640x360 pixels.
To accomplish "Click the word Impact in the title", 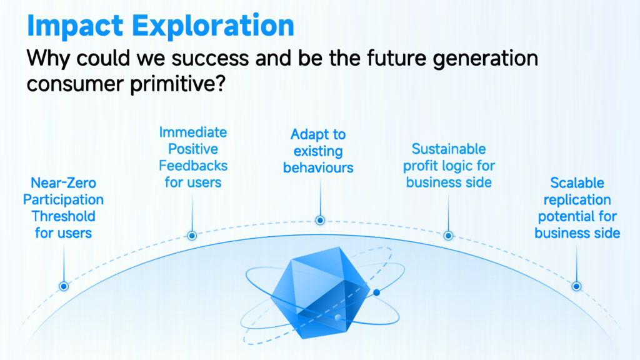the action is pyautogui.click(x=75, y=26).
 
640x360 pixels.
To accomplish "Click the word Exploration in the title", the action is pyautogui.click(x=213, y=26).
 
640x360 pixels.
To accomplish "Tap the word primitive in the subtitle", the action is pyautogui.click(x=178, y=84).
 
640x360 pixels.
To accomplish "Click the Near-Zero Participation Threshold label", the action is pyautogui.click(x=63, y=207).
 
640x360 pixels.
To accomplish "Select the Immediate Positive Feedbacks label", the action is pyautogui.click(x=193, y=157).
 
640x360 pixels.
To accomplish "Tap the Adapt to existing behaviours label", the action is pyautogui.click(x=318, y=151).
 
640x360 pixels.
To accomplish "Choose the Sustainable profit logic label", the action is pyautogui.click(x=449, y=165).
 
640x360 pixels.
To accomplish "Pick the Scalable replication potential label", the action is pyautogui.click(x=577, y=207).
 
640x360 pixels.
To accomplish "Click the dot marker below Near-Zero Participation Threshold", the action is pyautogui.click(x=64, y=286).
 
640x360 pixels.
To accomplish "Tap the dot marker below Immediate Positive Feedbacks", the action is pyautogui.click(x=192, y=236).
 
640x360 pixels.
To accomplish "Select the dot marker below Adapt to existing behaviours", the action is pyautogui.click(x=320, y=221).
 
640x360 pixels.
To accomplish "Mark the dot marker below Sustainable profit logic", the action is pyautogui.click(x=448, y=236).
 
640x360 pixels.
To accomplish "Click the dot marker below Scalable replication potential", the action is pyautogui.click(x=576, y=286).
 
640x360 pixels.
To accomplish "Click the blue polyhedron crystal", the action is pyautogui.click(x=321, y=292).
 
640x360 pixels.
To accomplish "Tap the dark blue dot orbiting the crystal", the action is pyautogui.click(x=376, y=292).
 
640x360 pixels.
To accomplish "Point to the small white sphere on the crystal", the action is pyautogui.click(x=338, y=317).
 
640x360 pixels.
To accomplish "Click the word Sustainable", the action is pyautogui.click(x=449, y=149).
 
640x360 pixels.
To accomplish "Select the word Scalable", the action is pyautogui.click(x=577, y=183).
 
